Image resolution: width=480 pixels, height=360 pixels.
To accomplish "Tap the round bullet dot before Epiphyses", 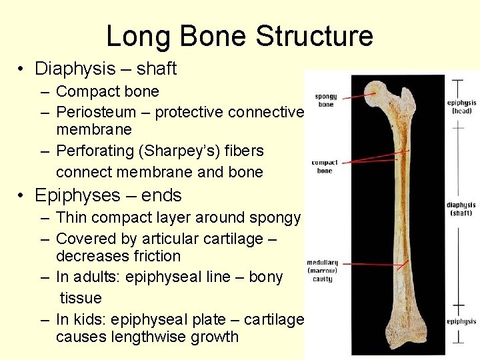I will point(22,196).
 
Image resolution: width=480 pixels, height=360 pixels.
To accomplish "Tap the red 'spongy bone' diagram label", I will point(325,100).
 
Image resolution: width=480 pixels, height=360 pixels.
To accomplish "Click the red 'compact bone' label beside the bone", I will point(325,167).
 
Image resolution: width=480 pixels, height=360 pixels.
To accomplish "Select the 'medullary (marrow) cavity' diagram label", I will point(323,270).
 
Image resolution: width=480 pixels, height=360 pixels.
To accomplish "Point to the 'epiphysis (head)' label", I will point(462,107).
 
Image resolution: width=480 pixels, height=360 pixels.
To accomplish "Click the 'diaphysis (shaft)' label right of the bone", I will point(461,209).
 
